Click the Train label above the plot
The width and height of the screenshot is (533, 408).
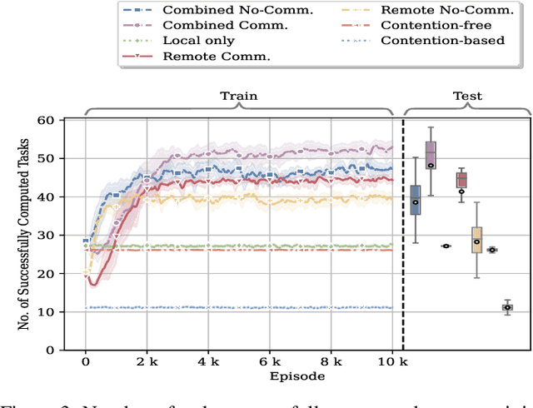pos(238,96)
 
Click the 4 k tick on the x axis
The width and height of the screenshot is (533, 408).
pos(208,363)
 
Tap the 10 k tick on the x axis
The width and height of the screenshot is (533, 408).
pos(392,363)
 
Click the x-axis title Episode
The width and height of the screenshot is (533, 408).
pos(239,376)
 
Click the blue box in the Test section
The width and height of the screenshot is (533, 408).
pos(416,200)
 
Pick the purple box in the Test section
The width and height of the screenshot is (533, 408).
pos(431,155)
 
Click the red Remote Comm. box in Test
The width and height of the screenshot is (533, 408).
pos(461,180)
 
